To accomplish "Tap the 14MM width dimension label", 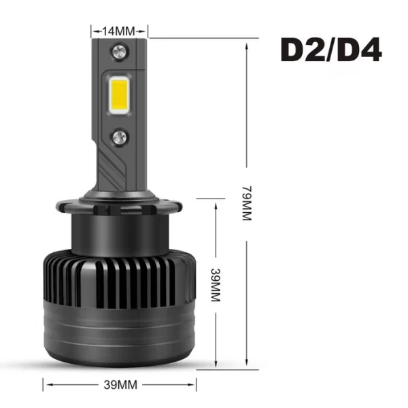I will pyautogui.click(x=120, y=31).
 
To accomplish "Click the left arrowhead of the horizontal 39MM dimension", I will pyautogui.click(x=46, y=385).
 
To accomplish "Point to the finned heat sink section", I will pyautogui.click(x=120, y=279).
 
